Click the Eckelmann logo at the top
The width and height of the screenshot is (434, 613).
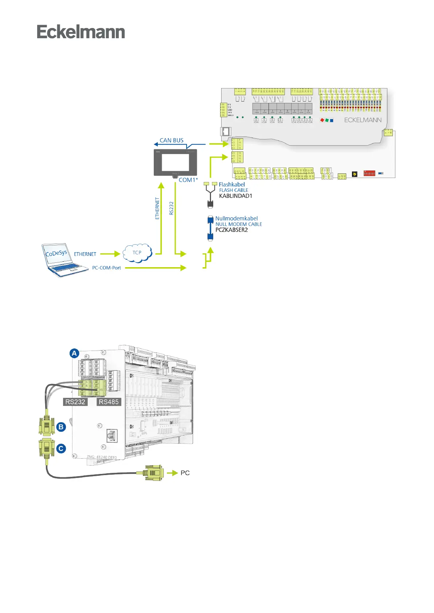pyautogui.click(x=81, y=32)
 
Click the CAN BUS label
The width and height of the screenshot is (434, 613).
pyautogui.click(x=171, y=141)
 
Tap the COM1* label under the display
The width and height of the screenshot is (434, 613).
pyautogui.click(x=188, y=180)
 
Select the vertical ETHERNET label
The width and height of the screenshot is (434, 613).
pyautogui.click(x=157, y=208)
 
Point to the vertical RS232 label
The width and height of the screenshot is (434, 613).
pyautogui.click(x=172, y=208)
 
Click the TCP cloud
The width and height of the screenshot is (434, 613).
pyautogui.click(x=137, y=253)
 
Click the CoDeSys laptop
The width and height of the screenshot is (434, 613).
pyautogui.click(x=62, y=259)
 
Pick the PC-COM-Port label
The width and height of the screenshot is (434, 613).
pyautogui.click(x=106, y=268)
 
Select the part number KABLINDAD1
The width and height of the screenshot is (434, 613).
pyautogui.click(x=235, y=196)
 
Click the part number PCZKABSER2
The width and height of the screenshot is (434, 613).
pyautogui.click(x=231, y=230)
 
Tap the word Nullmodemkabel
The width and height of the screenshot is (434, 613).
pyautogui.click(x=236, y=218)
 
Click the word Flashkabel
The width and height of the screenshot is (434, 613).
pyautogui.click(x=232, y=185)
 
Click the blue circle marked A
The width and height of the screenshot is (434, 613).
pyautogui.click(x=74, y=353)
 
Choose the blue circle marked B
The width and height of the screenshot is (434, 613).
pyautogui.click(x=61, y=427)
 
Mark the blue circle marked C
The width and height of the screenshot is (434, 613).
pyautogui.click(x=61, y=448)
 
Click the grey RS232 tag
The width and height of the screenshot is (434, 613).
pyautogui.click(x=75, y=402)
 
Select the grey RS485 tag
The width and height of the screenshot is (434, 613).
pyautogui.click(x=109, y=402)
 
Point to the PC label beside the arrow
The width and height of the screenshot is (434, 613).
pyautogui.click(x=185, y=473)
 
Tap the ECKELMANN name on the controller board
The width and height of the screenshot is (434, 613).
pyautogui.click(x=363, y=120)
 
